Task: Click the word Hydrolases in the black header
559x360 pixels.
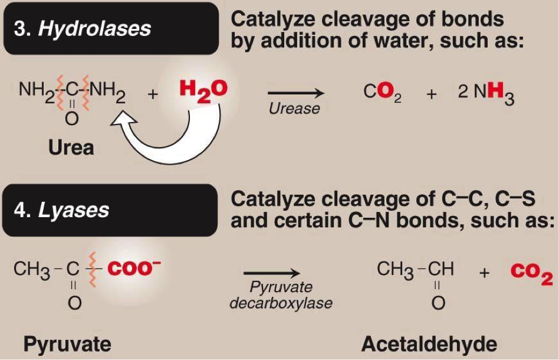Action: click(x=94, y=29)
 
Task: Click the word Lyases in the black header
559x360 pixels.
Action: click(x=74, y=211)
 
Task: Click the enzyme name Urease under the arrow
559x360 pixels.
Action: click(x=294, y=109)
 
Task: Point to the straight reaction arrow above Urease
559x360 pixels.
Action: click(x=295, y=93)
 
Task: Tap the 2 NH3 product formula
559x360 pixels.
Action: click(x=486, y=93)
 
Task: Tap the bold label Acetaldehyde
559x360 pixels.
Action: click(x=429, y=344)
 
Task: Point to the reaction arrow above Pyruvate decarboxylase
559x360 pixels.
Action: click(x=272, y=273)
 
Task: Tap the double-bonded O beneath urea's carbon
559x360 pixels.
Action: click(x=72, y=120)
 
